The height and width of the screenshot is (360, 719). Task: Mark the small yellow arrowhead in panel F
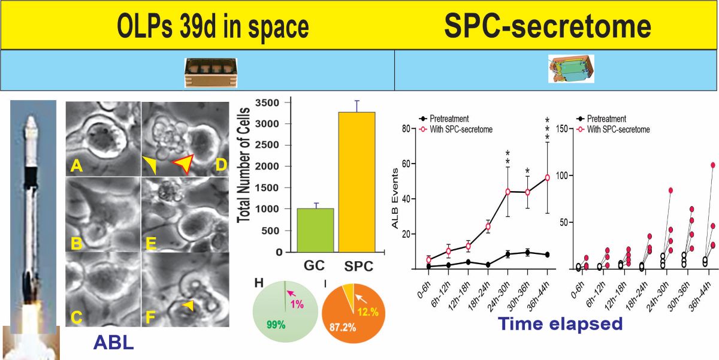click(188, 306)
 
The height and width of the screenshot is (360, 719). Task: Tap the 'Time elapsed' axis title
click(560, 325)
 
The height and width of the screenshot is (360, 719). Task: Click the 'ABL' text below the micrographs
click(114, 343)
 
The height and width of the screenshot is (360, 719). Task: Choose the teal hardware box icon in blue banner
click(570, 68)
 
